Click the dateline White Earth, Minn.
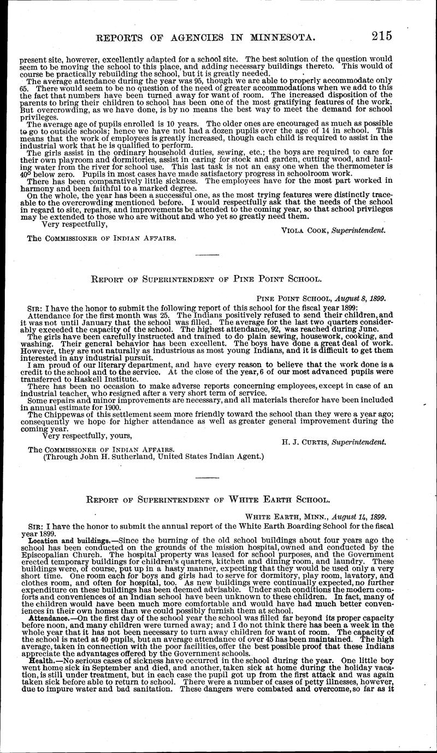278,517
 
